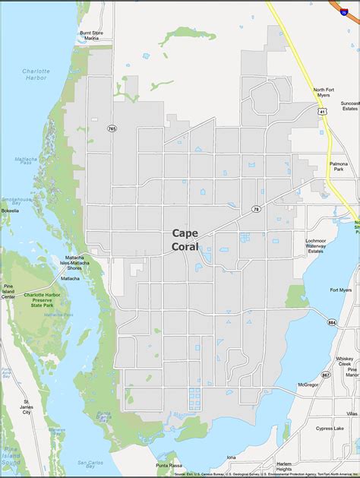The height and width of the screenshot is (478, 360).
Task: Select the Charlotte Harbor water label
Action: click(x=35, y=74)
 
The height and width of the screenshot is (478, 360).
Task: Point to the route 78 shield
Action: click(x=257, y=208)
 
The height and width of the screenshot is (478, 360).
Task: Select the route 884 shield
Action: click(x=331, y=323)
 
